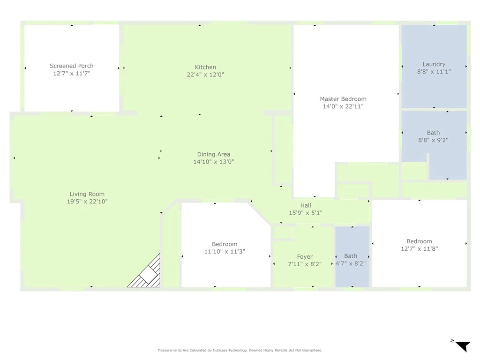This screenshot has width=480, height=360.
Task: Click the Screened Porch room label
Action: point(72,66)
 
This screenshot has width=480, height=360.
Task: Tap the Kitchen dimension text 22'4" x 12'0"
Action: point(205,75)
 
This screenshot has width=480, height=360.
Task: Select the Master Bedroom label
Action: point(343,99)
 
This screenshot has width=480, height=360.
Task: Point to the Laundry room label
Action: point(434,64)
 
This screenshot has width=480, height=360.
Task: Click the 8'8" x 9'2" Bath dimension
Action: point(433,140)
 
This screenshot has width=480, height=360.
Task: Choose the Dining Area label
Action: point(214,154)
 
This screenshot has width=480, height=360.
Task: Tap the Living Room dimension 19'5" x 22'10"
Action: point(87,202)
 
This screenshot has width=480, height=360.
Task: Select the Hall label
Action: point(306,205)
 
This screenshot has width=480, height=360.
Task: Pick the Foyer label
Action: point(305,257)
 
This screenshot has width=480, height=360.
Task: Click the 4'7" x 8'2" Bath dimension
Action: point(351,263)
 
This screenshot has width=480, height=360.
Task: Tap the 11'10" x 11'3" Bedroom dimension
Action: point(225,252)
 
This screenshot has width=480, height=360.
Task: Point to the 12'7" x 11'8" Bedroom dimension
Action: point(420,249)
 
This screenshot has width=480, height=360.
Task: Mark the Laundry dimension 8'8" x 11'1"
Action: point(434,72)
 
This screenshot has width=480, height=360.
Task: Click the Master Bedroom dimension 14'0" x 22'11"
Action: point(343,106)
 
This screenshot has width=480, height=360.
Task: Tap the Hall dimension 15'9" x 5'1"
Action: point(306,213)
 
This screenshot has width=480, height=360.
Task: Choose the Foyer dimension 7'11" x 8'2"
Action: point(305,264)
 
